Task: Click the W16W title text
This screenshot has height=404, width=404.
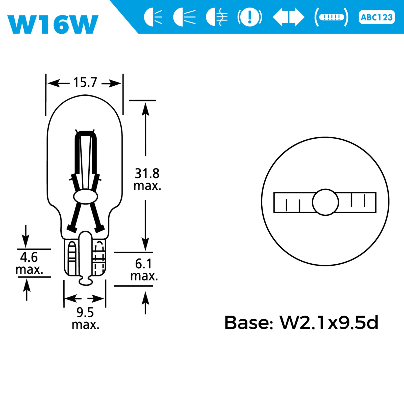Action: pyautogui.click(x=53, y=24)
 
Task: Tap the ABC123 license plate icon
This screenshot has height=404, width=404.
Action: pyautogui.click(x=376, y=17)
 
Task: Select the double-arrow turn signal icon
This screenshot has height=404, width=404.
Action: pyautogui.click(x=288, y=17)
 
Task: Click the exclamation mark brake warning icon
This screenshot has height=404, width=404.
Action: pyautogui.click(x=250, y=17)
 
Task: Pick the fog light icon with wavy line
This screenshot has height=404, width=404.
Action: pyautogui.click(x=217, y=17)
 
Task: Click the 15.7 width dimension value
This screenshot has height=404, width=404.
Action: pyautogui.click(x=85, y=83)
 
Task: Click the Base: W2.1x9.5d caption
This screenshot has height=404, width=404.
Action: pyautogui.click(x=301, y=322)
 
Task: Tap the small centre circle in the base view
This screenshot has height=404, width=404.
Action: pyautogui.click(x=325, y=202)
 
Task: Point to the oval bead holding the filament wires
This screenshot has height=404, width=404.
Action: pyautogui.click(x=86, y=196)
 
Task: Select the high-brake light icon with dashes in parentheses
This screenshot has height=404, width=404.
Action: pyautogui.click(x=332, y=17)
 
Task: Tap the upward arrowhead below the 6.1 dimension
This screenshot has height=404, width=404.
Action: pyautogui.click(x=145, y=298)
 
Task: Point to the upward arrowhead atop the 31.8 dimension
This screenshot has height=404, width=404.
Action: pyautogui.click(x=145, y=109)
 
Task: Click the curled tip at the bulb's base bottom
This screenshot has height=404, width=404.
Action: pyautogui.click(x=86, y=281)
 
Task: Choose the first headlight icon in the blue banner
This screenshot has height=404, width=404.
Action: pyautogui.click(x=153, y=17)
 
